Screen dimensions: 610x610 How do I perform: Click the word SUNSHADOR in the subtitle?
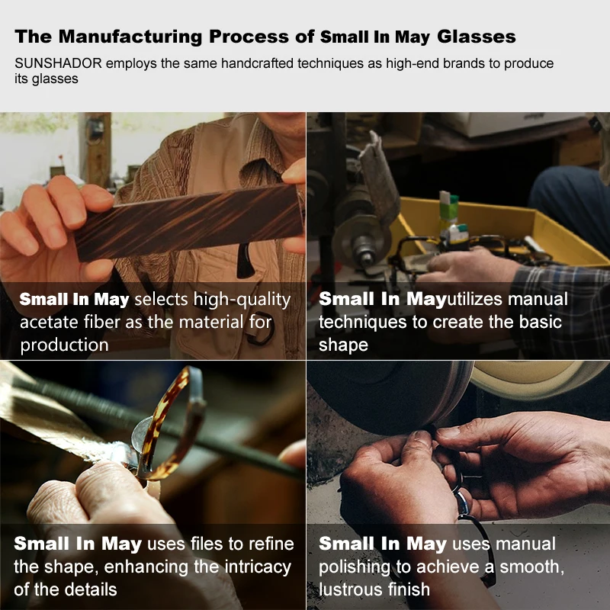[x=59, y=63]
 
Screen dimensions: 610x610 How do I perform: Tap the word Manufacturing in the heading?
[x=130, y=37]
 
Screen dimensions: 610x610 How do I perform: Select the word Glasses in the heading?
[x=476, y=37]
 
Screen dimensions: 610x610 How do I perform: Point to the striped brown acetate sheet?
[x=188, y=222]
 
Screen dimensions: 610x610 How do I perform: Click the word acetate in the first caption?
[x=49, y=323]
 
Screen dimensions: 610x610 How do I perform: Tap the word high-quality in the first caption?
[x=242, y=300]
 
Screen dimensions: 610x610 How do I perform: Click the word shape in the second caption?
[x=343, y=345]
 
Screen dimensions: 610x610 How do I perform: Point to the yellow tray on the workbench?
[x=502, y=230]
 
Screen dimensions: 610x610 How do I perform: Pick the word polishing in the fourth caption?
[x=355, y=567]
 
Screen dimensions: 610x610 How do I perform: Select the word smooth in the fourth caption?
[x=531, y=567]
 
